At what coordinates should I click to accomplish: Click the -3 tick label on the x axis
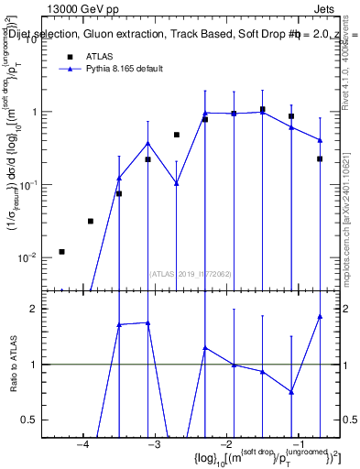[x=154, y=446]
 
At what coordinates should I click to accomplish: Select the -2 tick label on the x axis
[x=225, y=446]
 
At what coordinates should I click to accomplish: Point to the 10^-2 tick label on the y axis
[x=27, y=257]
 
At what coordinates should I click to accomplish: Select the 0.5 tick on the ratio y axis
[x=29, y=420]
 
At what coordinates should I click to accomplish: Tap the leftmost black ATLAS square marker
[x=61, y=251]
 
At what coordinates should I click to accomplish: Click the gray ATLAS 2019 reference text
[x=190, y=273]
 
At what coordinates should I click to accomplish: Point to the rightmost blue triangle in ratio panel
[x=321, y=316]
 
